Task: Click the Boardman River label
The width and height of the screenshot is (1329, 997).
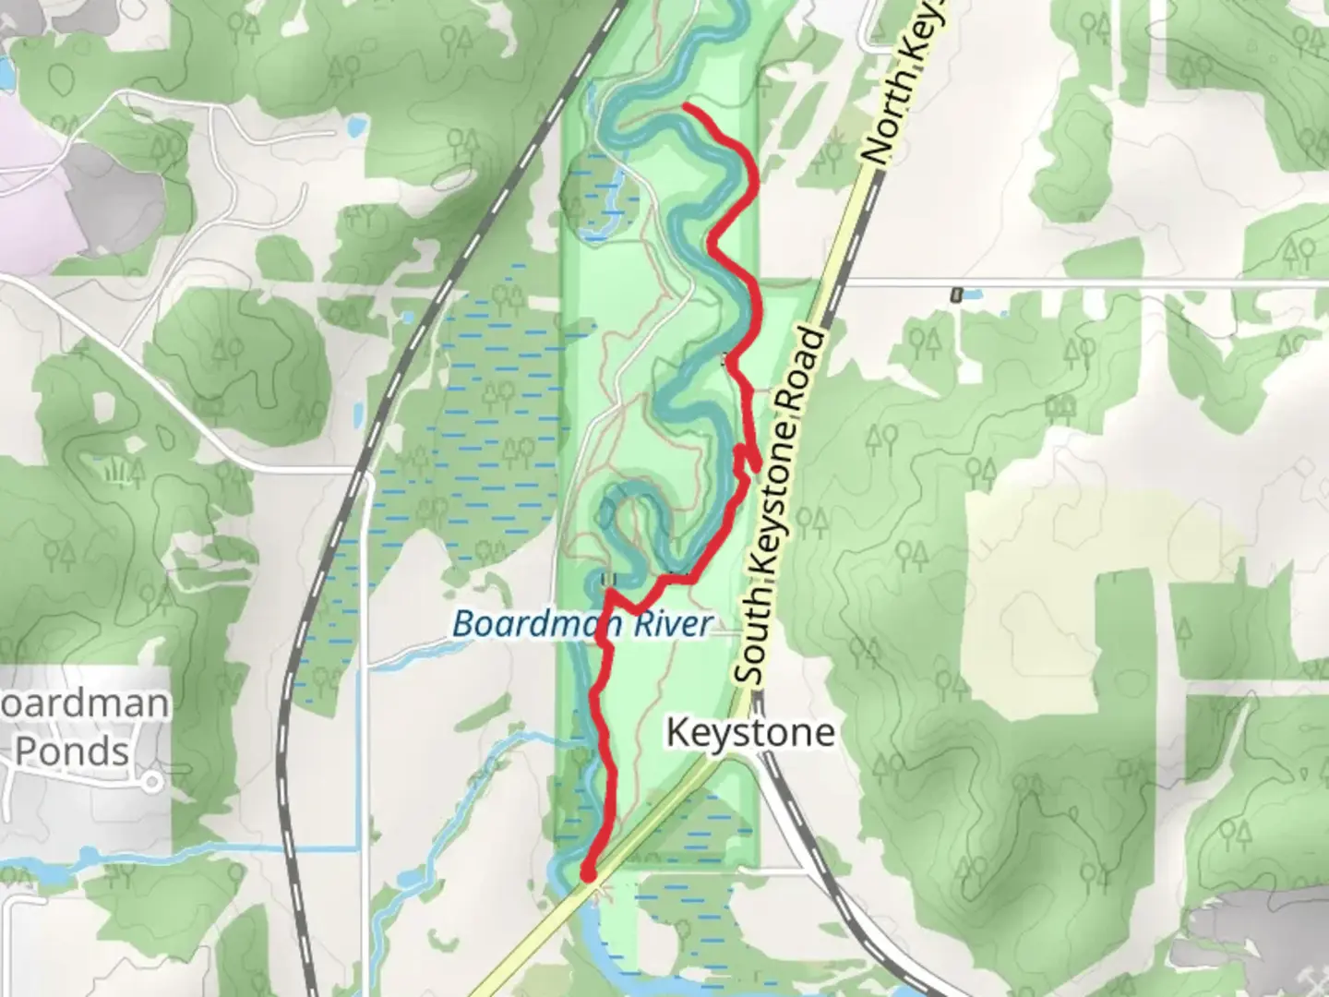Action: point(582,624)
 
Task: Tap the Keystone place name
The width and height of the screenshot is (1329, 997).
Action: point(750,733)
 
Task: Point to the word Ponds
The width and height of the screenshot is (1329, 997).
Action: point(72,751)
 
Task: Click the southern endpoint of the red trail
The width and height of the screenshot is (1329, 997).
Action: point(587,872)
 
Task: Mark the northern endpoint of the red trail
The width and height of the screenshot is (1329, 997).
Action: point(685,109)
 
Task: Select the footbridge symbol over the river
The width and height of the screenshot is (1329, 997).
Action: point(607,580)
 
